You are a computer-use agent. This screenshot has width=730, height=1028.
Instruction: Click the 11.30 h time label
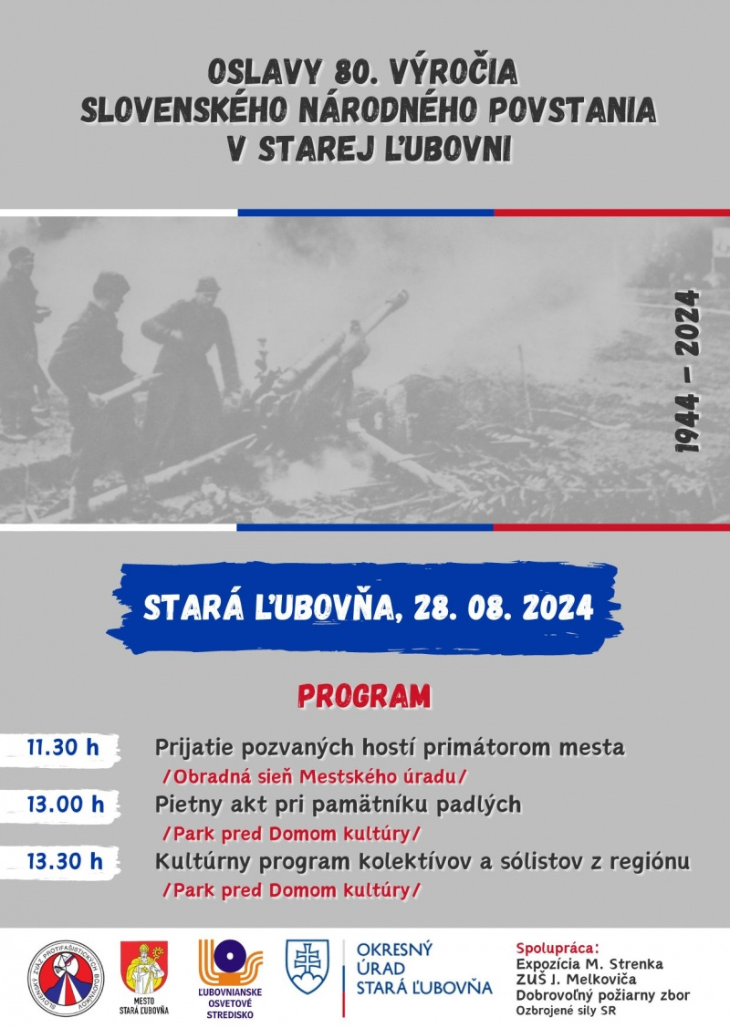pos(62,748)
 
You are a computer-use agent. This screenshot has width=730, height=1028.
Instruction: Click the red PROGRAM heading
pos(364,697)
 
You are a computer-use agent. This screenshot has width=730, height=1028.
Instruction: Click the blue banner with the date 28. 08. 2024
pos(365,607)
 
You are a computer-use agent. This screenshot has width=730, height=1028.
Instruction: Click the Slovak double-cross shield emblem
pos(307,967)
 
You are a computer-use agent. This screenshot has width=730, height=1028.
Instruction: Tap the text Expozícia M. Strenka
pos(589,963)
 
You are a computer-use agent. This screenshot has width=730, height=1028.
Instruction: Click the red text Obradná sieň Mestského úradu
pos(314,776)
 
